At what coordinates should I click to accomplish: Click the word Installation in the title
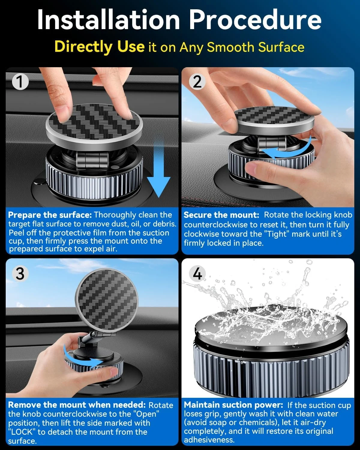coord(108,20)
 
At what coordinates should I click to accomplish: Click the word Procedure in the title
coord(255,20)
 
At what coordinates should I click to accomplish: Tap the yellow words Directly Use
coord(99,47)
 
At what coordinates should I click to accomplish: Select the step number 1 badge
coord(20,82)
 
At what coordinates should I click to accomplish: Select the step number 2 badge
coord(197,82)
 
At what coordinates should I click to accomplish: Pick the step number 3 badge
coord(20,274)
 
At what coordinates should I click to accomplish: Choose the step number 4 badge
coord(197,274)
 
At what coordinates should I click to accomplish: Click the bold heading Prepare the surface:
coord(50,215)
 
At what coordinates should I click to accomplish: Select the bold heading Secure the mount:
coord(221,215)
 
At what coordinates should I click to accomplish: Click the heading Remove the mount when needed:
coord(77,405)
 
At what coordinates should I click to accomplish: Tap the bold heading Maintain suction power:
coord(233,405)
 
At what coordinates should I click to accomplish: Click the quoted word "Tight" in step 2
coord(275,234)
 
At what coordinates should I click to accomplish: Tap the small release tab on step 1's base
coord(39,182)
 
